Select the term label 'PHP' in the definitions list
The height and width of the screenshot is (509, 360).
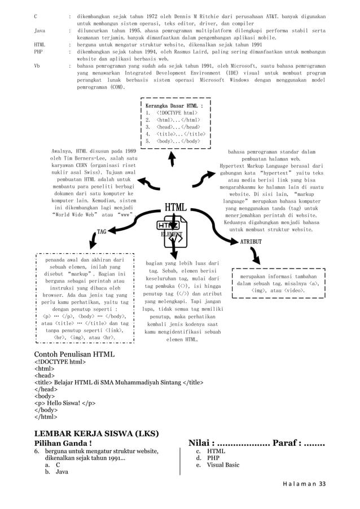(x=39, y=51)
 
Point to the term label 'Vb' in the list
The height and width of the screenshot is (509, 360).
(x=37, y=65)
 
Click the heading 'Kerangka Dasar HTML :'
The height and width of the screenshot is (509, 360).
(x=174, y=106)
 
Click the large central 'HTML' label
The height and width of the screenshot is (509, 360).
(x=175, y=208)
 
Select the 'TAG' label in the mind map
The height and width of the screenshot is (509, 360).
(x=102, y=231)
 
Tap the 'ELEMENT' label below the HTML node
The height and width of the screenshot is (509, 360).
(x=172, y=234)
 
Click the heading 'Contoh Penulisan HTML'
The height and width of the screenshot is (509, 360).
(x=74, y=354)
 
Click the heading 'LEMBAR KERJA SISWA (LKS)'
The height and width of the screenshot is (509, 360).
(x=96, y=433)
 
